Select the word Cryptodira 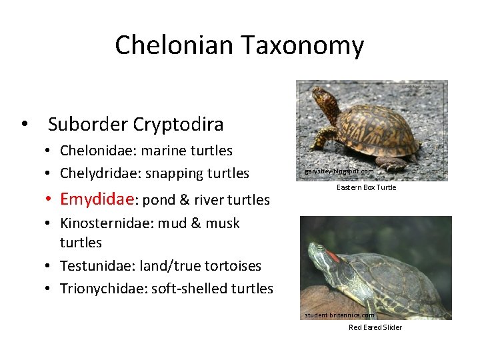coord(178,125)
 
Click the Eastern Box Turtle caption coord(366,187)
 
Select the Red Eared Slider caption coord(375,327)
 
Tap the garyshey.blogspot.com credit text coord(339,171)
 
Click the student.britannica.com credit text coord(339,315)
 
